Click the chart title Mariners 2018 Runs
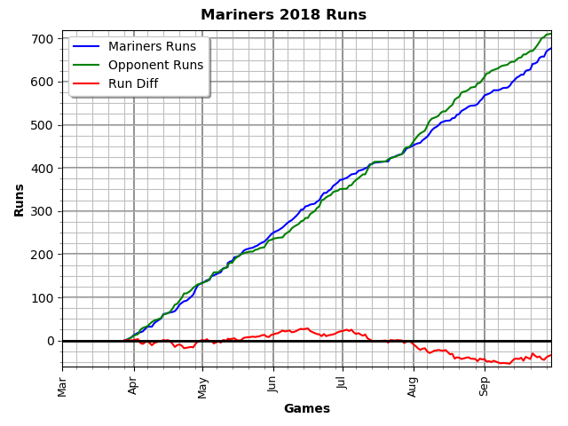click(283, 15)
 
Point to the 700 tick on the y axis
click(42, 39)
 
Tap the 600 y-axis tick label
click(42, 82)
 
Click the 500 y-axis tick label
click(42, 125)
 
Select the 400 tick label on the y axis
click(42, 169)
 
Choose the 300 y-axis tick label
click(42, 211)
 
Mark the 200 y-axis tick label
click(42, 255)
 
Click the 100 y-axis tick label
click(42, 298)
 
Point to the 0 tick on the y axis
click(51, 341)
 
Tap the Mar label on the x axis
click(63, 385)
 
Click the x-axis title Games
click(306, 409)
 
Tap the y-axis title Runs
click(20, 200)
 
